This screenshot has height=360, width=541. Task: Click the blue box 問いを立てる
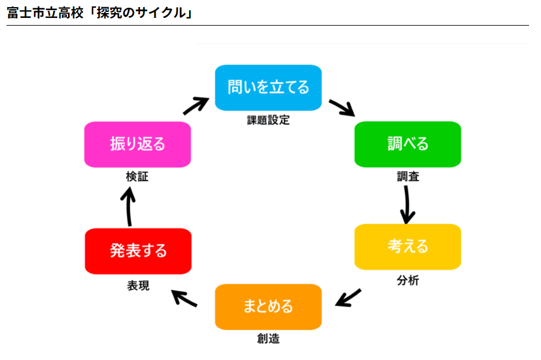coord(268,88)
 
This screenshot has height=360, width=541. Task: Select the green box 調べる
coord(407,144)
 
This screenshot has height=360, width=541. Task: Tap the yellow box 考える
coord(407,247)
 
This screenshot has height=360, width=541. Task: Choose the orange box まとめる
coord(268,306)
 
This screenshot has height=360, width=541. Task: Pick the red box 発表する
coord(138,251)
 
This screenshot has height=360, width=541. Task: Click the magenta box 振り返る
coord(137,144)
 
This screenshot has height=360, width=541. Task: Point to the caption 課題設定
coord(268,120)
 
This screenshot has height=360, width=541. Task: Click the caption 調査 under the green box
coord(408,176)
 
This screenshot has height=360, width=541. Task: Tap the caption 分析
coord(408,280)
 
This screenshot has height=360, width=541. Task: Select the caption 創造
coord(268,339)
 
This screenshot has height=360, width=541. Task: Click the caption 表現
coord(138,285)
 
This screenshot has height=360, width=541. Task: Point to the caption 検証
coord(137,176)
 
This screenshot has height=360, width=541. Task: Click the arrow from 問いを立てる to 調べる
coord(342,108)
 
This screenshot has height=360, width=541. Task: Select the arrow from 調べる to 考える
coord(407,205)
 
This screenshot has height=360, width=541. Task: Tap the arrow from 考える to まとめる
coord(348,298)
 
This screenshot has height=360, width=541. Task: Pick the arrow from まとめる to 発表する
coord(184,298)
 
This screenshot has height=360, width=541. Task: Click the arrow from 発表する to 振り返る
coord(128,206)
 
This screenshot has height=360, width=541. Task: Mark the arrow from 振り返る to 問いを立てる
coord(196,106)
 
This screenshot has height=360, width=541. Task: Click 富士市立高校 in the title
coord(45,13)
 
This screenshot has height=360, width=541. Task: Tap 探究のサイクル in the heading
coord(141,13)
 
